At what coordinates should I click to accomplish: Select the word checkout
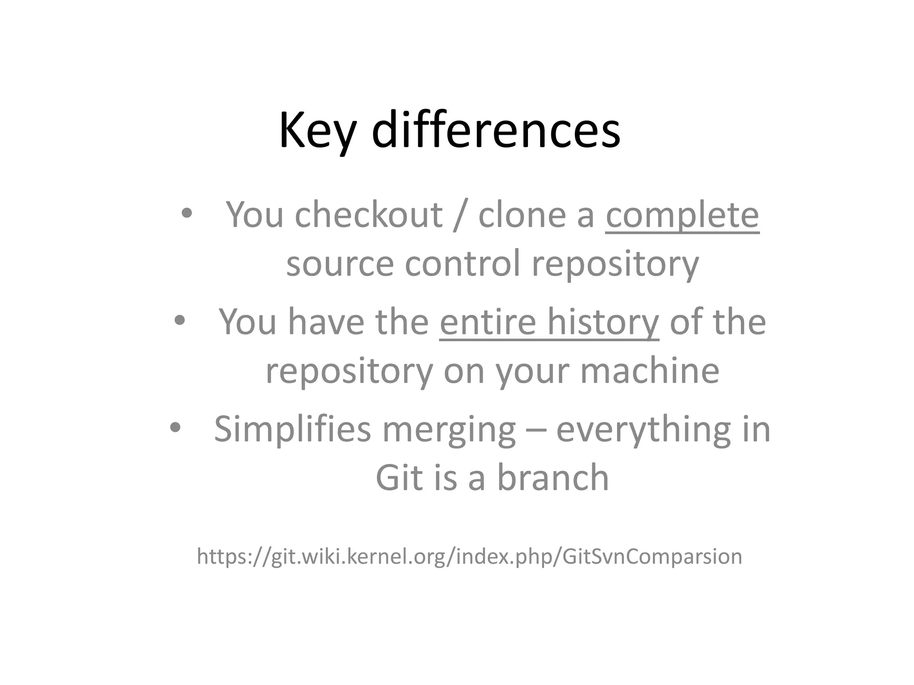[x=368, y=215]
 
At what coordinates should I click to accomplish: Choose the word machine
[x=649, y=371]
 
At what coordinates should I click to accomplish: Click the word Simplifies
[x=292, y=429]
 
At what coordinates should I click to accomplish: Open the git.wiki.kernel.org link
[x=469, y=557]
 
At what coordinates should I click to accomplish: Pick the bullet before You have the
[x=179, y=320]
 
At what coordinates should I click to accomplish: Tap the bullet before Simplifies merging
[x=175, y=428]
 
